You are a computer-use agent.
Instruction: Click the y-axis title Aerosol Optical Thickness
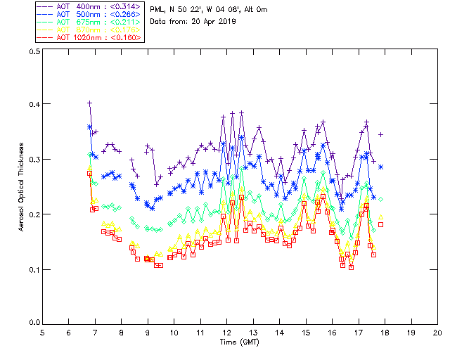[22, 187]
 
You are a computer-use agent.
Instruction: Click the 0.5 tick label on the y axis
[33, 52]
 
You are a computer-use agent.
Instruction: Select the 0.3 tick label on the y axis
[33, 160]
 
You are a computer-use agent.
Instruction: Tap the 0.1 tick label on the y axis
[33, 269]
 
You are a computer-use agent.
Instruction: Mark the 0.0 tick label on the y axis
[33, 323]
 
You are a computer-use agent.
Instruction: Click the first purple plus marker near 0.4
[90, 103]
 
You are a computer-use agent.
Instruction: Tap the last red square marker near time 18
[381, 224]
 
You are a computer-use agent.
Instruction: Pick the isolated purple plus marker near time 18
[381, 134]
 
